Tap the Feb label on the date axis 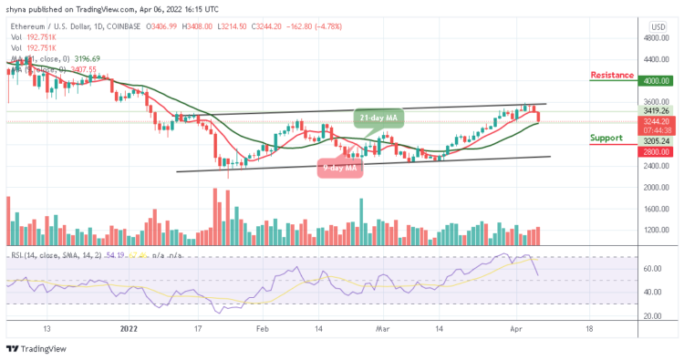[262, 327]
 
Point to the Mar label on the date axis [381, 327]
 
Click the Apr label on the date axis [515, 327]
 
